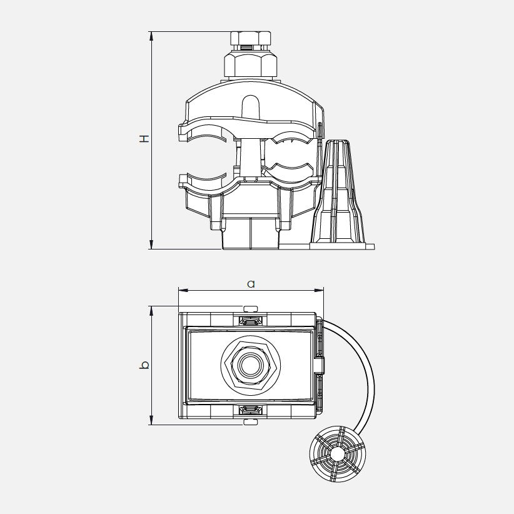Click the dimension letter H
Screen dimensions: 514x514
pos(144,138)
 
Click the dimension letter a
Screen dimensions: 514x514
pos(251,284)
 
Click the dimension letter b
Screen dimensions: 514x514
pos(144,365)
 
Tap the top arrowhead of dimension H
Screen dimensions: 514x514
pos(151,36)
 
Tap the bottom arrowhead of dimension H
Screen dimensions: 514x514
pos(151,244)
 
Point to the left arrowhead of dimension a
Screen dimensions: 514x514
pos(183,290)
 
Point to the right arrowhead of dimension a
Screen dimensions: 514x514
pos(319,290)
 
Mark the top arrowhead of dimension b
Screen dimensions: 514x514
pos(151,311)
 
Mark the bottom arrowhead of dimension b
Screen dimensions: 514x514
pos(151,420)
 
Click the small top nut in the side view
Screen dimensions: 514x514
pos(251,39)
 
